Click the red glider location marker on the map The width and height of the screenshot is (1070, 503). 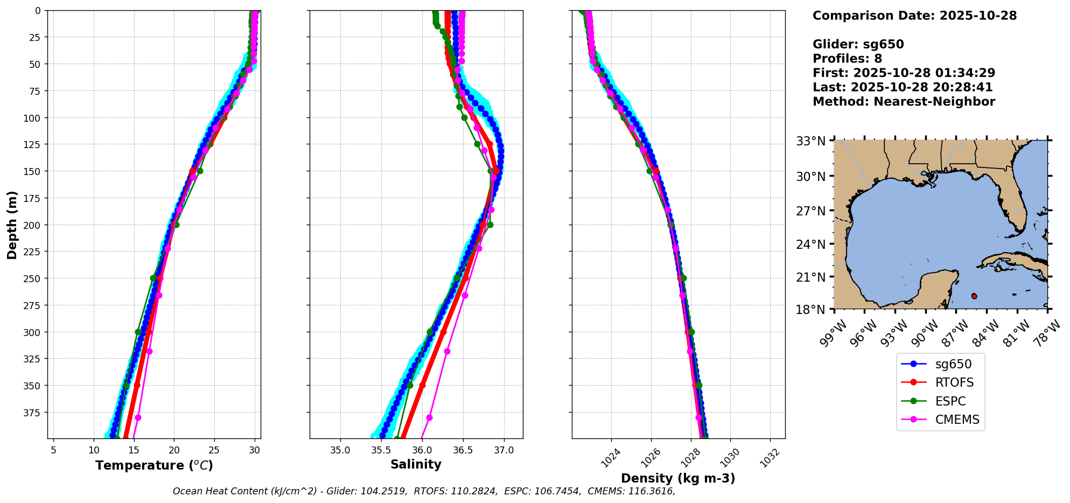[x=974, y=296]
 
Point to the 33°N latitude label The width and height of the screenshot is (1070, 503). [x=811, y=141]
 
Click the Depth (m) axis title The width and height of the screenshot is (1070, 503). [x=12, y=225]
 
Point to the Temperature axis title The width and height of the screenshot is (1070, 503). [x=154, y=465]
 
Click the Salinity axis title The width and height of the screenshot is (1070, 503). [x=416, y=464]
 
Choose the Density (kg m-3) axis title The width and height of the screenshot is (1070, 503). [x=678, y=478]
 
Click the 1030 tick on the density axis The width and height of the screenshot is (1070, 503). [x=730, y=457]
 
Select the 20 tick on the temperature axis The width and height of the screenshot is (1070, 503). [x=174, y=450]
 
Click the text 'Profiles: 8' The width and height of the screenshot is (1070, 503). [x=847, y=59]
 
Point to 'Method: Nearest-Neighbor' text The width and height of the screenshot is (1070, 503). [x=904, y=101]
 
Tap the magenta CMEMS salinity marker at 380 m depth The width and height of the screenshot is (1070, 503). [x=429, y=417]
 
